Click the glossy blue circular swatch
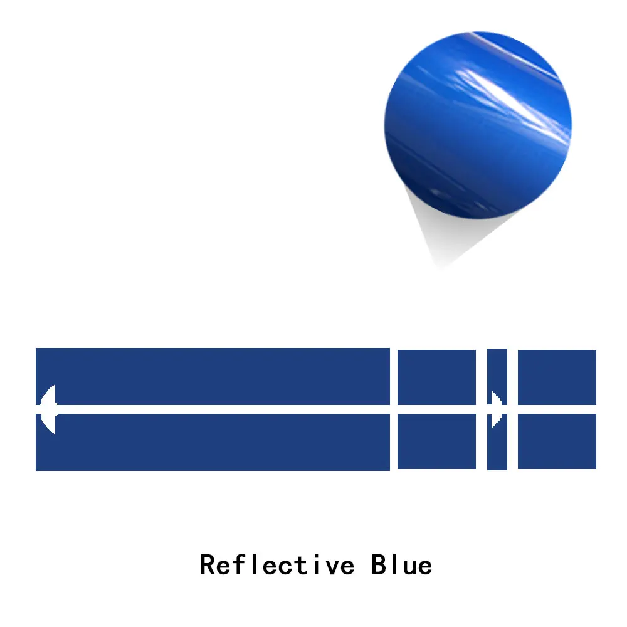(478, 125)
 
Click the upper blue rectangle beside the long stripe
(436, 377)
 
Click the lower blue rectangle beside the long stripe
(436, 441)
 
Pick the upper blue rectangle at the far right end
(557, 377)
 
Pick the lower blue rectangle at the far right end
(557, 441)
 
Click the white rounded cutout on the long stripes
(49, 409)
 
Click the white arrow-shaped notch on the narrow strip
(496, 409)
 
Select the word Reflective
(277, 565)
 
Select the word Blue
(401, 565)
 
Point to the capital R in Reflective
(208, 565)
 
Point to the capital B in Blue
(379, 565)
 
